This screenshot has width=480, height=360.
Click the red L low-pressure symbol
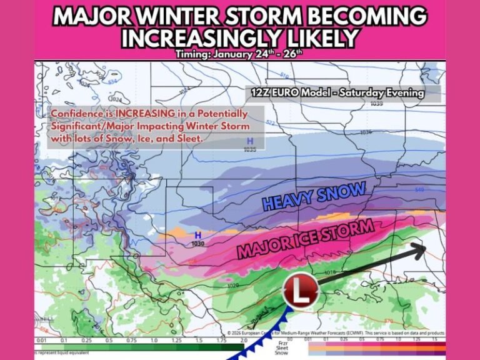click(301, 291)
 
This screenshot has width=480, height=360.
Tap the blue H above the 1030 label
click(198, 235)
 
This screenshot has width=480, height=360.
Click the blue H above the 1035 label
click(250, 141)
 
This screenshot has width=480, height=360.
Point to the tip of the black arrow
click(425, 248)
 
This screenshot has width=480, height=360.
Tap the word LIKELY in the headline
click(314, 39)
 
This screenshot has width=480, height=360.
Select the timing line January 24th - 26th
click(239, 54)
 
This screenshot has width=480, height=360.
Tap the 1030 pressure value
click(198, 243)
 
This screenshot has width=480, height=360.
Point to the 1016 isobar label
click(331, 272)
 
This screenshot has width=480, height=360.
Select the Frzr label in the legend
click(280, 341)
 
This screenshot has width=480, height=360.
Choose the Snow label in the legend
click(280, 354)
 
